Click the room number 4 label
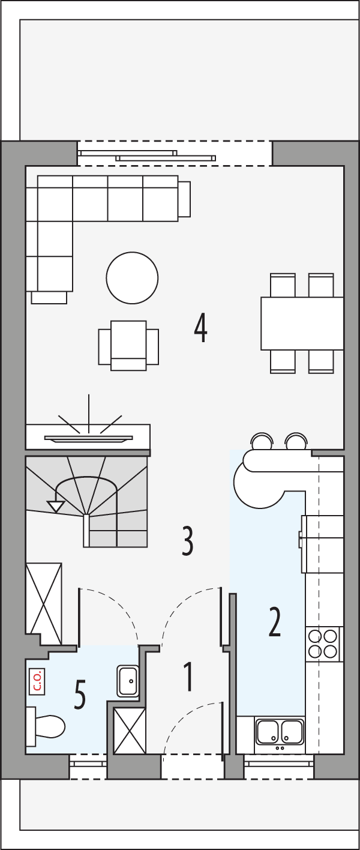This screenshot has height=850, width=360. click(200, 327)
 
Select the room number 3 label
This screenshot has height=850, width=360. click(188, 540)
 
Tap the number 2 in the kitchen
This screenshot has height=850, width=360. click(275, 622)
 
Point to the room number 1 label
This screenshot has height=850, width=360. click(188, 677)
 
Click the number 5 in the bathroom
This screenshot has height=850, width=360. click(80, 694)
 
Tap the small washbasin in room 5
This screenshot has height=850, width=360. click(128, 680)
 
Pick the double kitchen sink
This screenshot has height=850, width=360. click(280, 732)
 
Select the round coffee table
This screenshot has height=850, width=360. click(132, 277)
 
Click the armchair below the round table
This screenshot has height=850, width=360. click(128, 346)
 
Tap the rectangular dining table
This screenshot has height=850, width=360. click(302, 323)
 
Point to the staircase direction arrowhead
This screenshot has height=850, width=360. click(56, 506)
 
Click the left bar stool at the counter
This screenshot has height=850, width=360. click(260, 442)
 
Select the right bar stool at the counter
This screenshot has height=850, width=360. click(295, 442)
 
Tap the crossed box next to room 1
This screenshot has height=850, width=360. click(130, 729)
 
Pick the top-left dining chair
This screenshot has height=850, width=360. click(283, 285)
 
